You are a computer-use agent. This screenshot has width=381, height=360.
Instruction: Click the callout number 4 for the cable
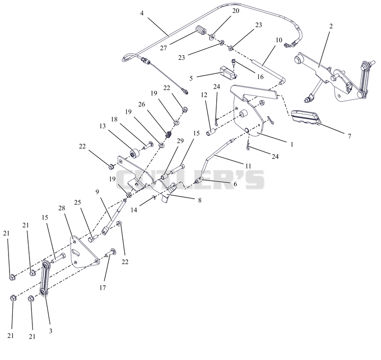pyautogui.click(x=142, y=13)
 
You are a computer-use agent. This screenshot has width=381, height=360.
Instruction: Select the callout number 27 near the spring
pyautogui.click(x=163, y=48)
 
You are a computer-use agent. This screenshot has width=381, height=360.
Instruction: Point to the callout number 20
pyautogui.click(x=236, y=11)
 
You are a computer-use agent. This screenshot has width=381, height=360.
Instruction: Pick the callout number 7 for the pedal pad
pyautogui.click(x=350, y=136)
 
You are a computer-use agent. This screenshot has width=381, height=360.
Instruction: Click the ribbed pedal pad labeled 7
pyautogui.click(x=306, y=118)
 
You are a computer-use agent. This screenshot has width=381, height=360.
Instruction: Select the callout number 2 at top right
pyautogui.click(x=331, y=26)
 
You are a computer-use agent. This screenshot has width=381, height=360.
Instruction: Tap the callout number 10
pyautogui.click(x=279, y=40)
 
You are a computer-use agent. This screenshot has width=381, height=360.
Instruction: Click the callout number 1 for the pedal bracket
pyautogui.click(x=292, y=144)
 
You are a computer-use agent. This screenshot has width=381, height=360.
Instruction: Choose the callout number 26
pyautogui.click(x=141, y=104)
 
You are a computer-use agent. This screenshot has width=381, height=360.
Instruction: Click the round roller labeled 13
pyautogui.click(x=134, y=153)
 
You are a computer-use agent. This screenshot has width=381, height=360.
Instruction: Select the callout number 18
pyautogui.click(x=114, y=119)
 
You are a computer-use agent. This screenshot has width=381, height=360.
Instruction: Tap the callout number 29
pyautogui.click(x=180, y=141)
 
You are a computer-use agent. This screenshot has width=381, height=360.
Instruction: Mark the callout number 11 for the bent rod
pyautogui.click(x=248, y=166)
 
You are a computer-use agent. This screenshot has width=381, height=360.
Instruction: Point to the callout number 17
pyautogui.click(x=103, y=288)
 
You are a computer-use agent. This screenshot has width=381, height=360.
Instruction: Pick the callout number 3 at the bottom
pyautogui.click(x=50, y=331)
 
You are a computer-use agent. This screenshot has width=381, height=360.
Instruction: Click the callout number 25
pyautogui.click(x=78, y=202)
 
